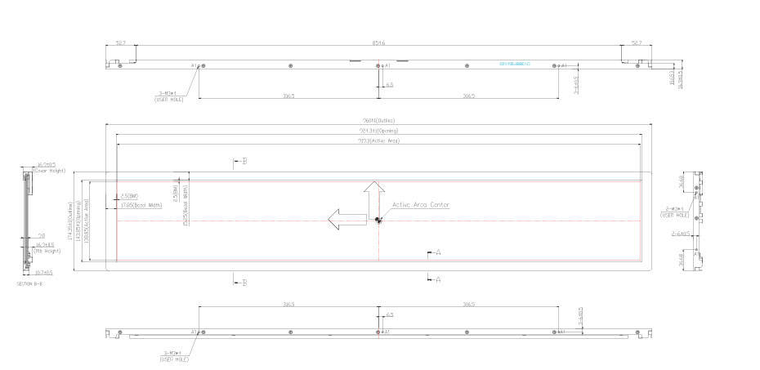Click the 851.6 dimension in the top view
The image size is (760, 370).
378,42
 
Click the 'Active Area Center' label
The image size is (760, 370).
420,205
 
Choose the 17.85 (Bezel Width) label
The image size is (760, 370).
141,205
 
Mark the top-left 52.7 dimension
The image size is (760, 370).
120,42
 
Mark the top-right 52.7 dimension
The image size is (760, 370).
637,42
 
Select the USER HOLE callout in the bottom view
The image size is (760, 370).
173,356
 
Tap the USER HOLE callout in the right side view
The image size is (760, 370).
675,212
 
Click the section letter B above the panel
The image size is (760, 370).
244,161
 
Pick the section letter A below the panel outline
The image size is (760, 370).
438,279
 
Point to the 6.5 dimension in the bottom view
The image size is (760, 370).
390,314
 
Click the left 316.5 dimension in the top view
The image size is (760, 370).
288,96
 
